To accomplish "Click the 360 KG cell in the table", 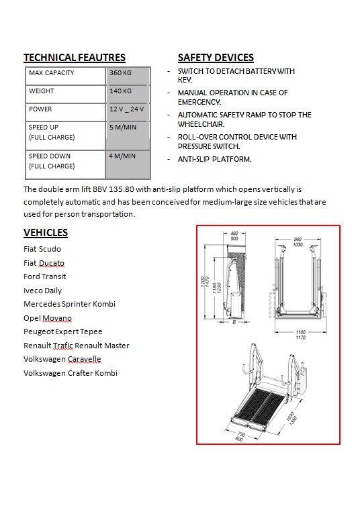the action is [x=120, y=73].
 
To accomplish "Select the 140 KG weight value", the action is [x=120, y=91].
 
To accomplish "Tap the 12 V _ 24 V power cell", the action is [x=126, y=109].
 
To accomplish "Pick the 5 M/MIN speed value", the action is [x=123, y=127].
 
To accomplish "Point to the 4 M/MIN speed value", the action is [x=122, y=156].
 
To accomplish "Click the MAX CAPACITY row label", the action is [x=51, y=73].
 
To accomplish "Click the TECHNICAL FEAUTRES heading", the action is [x=75, y=58].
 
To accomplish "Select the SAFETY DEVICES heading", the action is [x=216, y=58].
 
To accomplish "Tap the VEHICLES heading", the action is [x=46, y=232].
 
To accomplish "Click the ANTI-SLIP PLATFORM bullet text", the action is [x=215, y=159].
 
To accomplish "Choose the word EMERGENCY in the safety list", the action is [x=199, y=102].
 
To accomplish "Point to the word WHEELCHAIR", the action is [x=201, y=124].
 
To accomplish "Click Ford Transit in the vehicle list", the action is [x=45, y=276].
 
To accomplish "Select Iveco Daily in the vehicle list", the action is [x=42, y=291].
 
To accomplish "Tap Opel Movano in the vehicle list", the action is [x=48, y=318].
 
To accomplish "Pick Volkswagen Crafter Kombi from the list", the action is [x=71, y=373].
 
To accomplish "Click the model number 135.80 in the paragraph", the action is [x=121, y=189].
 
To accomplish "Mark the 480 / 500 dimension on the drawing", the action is [x=234, y=236].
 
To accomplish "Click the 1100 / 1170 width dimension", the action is [x=300, y=335].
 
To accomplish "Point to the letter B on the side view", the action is [x=234, y=322].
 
